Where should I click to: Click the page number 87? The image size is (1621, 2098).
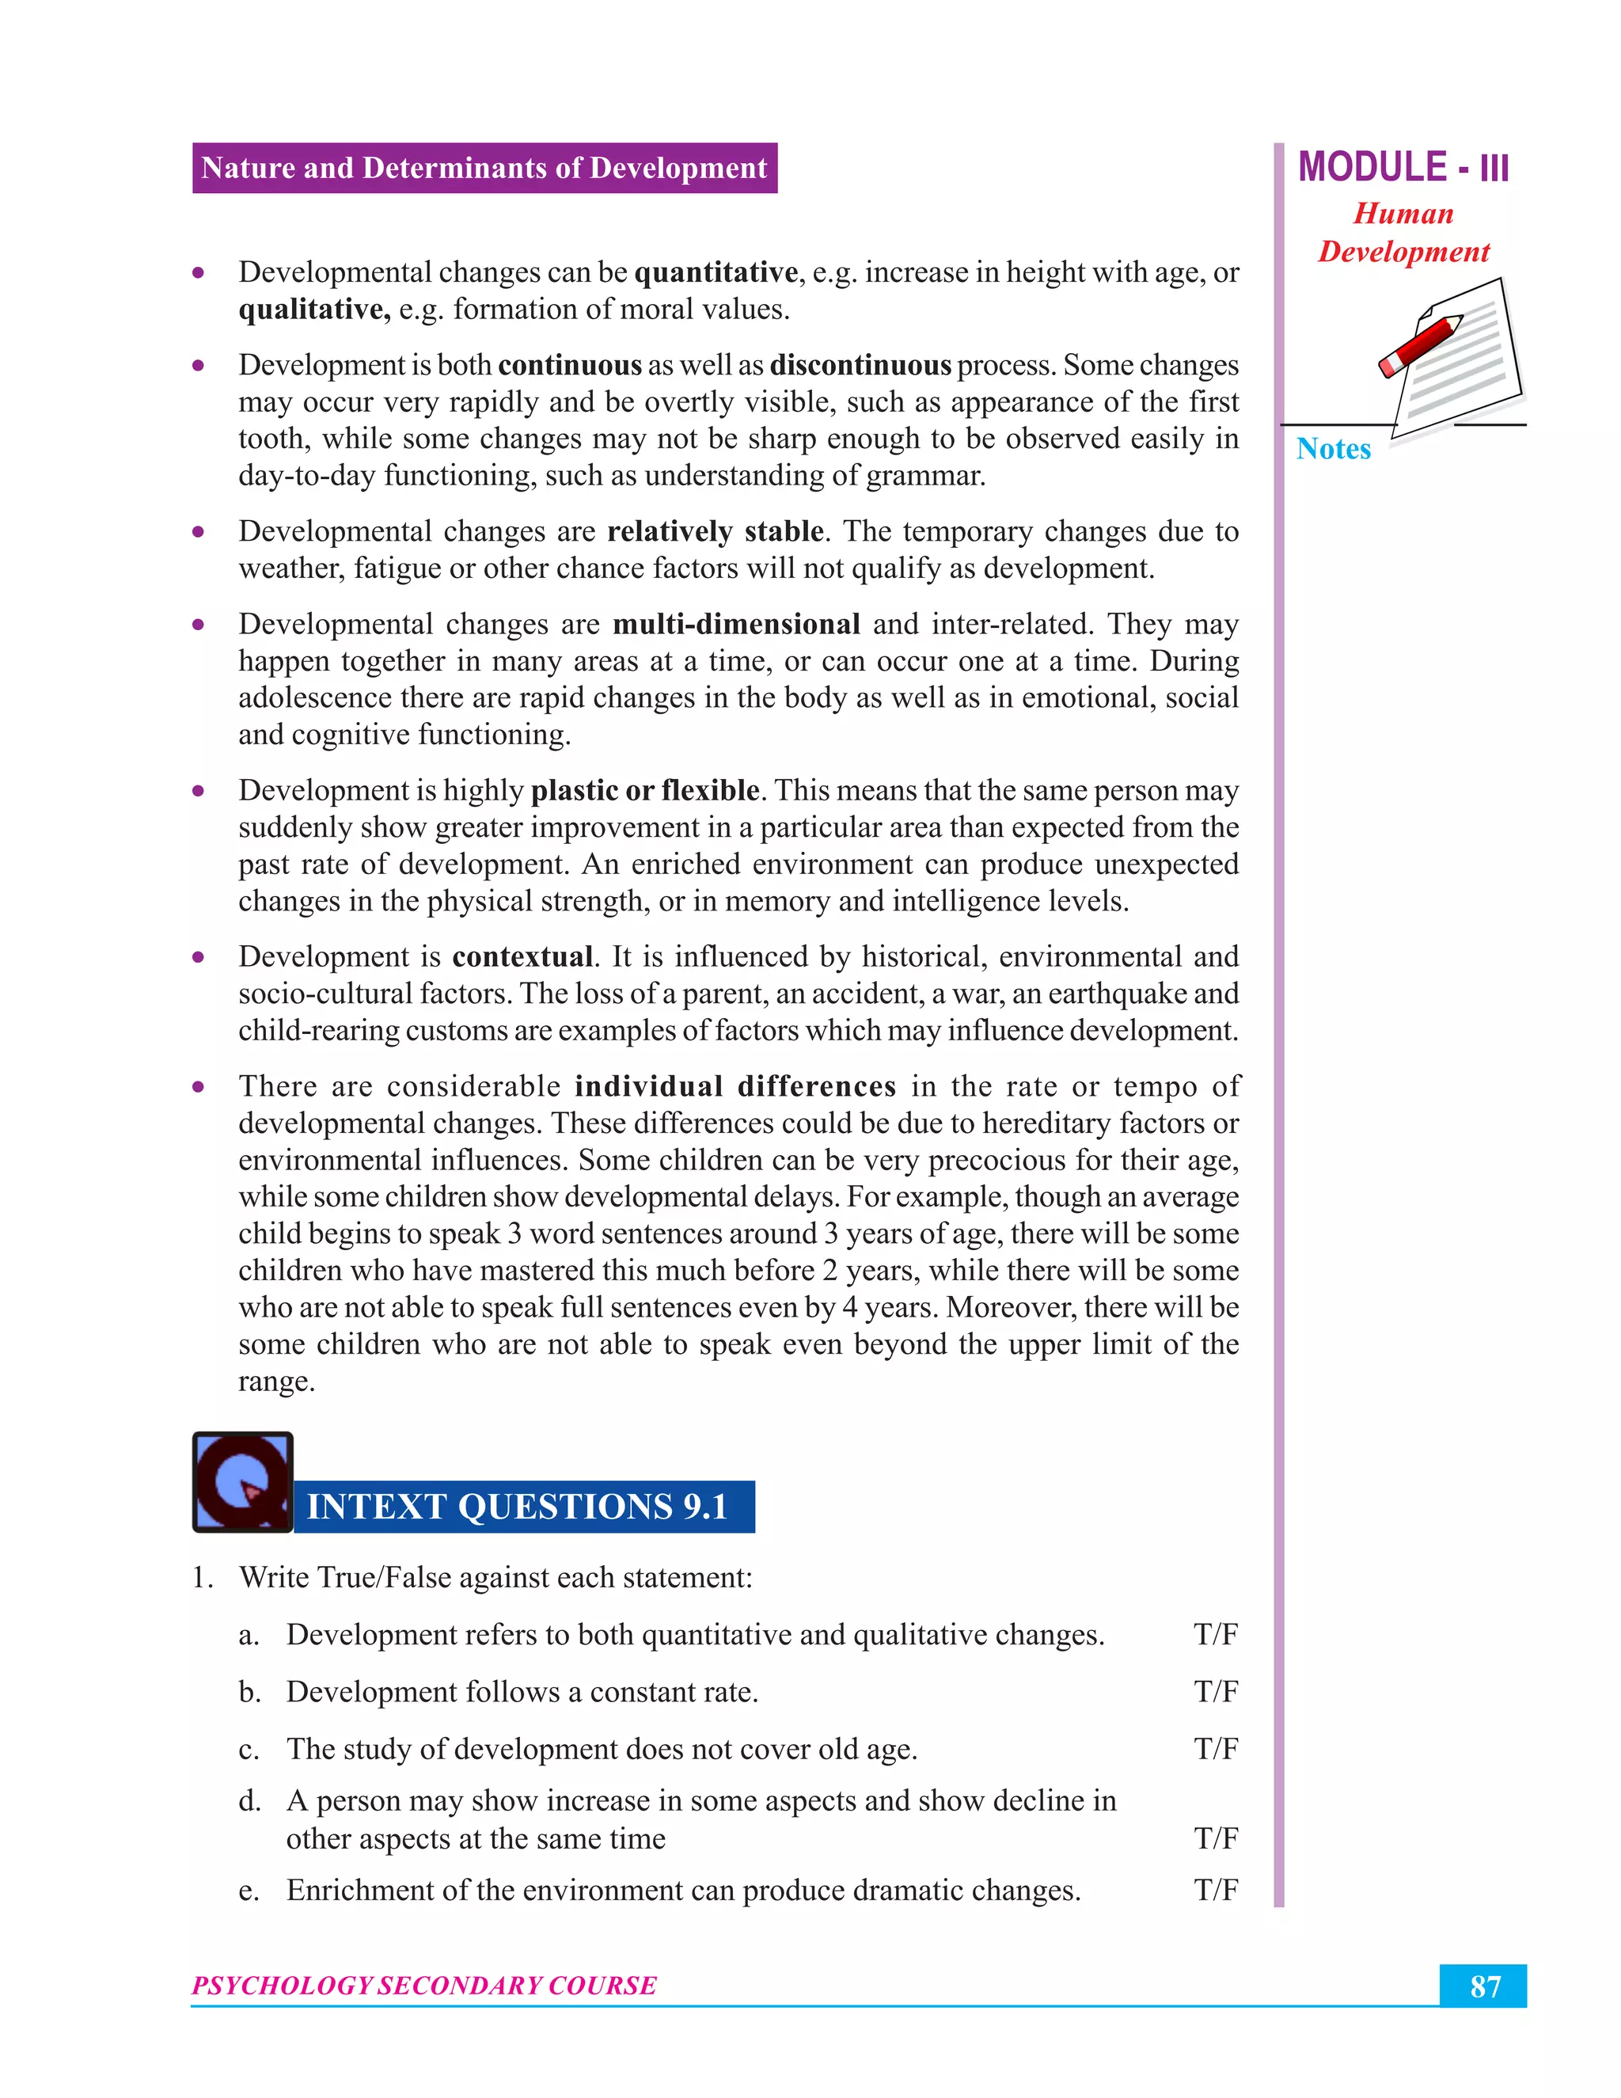pyautogui.click(x=1484, y=1986)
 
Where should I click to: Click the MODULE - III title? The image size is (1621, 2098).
pyautogui.click(x=1403, y=167)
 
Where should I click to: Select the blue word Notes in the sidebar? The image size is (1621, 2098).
pyautogui.click(x=1333, y=449)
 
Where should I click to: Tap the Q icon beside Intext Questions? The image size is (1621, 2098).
pyautogui.click(x=243, y=1481)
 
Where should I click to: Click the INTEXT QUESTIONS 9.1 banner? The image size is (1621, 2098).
pyautogui.click(x=518, y=1507)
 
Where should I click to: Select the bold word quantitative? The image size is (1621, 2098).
pyautogui.click(x=716, y=273)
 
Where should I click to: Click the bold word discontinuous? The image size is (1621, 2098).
pyautogui.click(x=860, y=365)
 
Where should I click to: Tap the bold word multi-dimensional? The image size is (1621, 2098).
pyautogui.click(x=735, y=625)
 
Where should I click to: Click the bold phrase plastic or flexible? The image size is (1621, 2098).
pyautogui.click(x=645, y=791)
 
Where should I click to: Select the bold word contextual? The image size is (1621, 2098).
pyautogui.click(x=522, y=957)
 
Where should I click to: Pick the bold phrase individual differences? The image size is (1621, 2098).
pyautogui.click(x=735, y=1086)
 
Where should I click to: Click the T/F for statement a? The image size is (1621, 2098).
pyautogui.click(x=1215, y=1634)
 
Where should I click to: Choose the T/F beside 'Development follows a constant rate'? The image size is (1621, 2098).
pyautogui.click(x=1215, y=1691)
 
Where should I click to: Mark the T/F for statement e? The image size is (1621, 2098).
pyautogui.click(x=1215, y=1890)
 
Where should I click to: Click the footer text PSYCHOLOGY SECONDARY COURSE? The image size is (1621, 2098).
pyautogui.click(x=424, y=1985)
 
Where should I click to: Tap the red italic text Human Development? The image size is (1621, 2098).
pyautogui.click(x=1403, y=233)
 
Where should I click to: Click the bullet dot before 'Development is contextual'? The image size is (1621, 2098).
pyautogui.click(x=199, y=957)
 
